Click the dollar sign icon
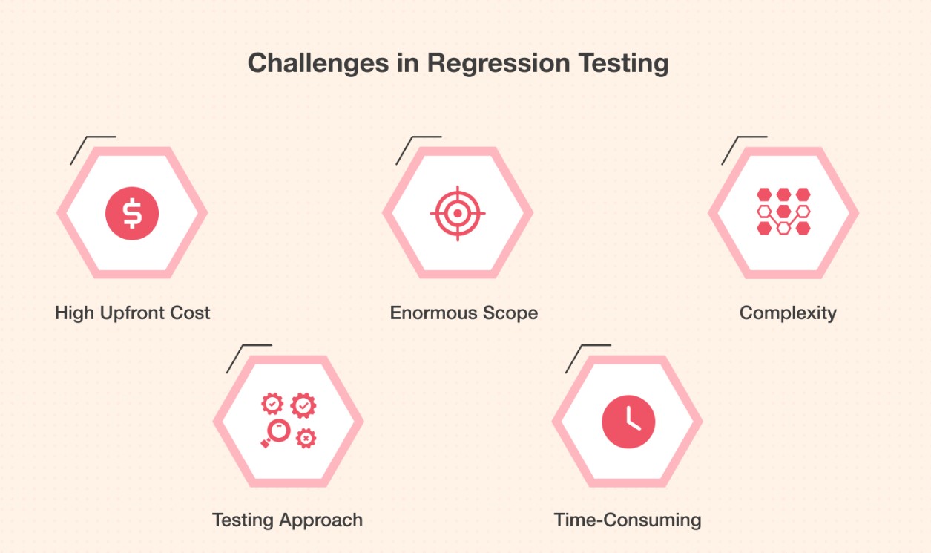[x=132, y=213]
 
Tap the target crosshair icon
[x=458, y=213]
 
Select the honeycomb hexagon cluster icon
[x=783, y=212]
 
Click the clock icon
[x=628, y=422]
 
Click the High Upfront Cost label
[x=133, y=313]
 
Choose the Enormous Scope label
[x=464, y=313]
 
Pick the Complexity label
[x=788, y=313]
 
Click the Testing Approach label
[x=287, y=520]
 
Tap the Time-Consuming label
[x=628, y=520]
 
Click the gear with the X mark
[x=305, y=438]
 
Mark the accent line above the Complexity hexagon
[x=743, y=147]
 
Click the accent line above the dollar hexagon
[x=92, y=147]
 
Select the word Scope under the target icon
[x=508, y=313]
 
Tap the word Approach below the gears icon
[x=325, y=520]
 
